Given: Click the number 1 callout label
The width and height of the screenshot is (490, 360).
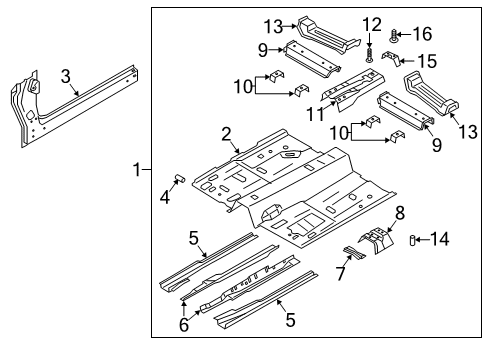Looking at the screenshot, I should pos(137,171).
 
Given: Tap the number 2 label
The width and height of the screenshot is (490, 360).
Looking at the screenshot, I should pos(227,134).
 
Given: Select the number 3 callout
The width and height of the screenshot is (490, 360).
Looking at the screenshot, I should pos(65,76).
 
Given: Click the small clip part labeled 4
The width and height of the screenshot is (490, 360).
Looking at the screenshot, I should pos(180,180).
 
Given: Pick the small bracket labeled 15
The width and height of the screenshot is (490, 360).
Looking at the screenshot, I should pos(395,60).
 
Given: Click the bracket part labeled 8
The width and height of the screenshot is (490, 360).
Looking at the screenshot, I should pos(378,245).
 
